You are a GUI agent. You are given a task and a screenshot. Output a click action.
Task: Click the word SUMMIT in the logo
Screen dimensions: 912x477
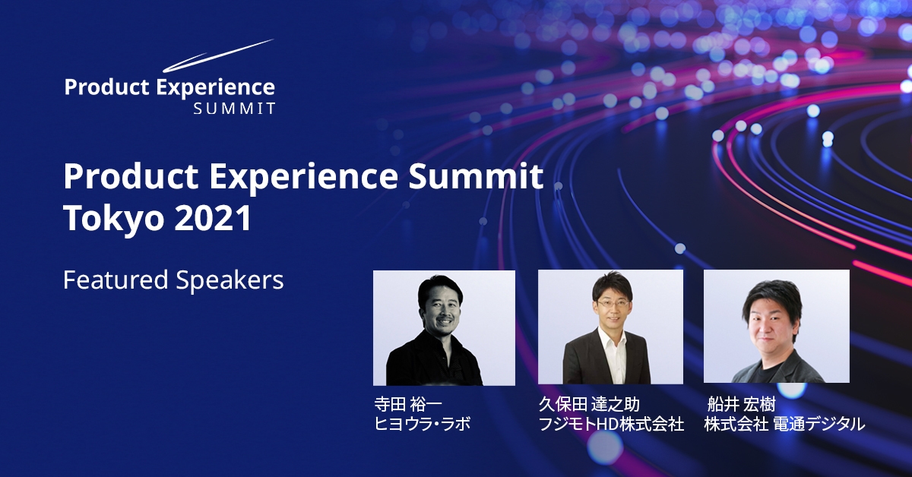coord(235,109)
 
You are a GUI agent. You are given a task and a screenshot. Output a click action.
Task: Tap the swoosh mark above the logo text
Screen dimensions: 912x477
coord(218,55)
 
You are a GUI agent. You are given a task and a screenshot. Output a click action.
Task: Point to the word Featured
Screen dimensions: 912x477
coord(116,280)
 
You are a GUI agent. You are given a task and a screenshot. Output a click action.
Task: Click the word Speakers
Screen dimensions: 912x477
coord(230,281)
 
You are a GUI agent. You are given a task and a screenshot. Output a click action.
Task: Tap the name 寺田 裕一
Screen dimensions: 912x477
coord(408,405)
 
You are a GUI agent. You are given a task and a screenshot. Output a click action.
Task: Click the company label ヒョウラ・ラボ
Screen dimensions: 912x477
coord(423,424)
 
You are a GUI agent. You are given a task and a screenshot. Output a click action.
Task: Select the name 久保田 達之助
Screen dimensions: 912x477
coord(589,405)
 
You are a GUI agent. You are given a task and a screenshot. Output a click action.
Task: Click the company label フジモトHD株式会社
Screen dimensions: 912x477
coord(611,424)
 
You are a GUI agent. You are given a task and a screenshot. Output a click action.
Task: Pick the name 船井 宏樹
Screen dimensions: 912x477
coord(742,405)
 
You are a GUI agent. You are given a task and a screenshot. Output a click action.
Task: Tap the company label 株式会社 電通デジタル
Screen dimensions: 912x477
coord(784,424)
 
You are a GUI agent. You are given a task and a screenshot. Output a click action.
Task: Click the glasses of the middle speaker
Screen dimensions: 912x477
coord(612,304)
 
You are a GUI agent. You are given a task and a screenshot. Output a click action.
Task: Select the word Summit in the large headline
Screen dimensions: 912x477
coord(476,176)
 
